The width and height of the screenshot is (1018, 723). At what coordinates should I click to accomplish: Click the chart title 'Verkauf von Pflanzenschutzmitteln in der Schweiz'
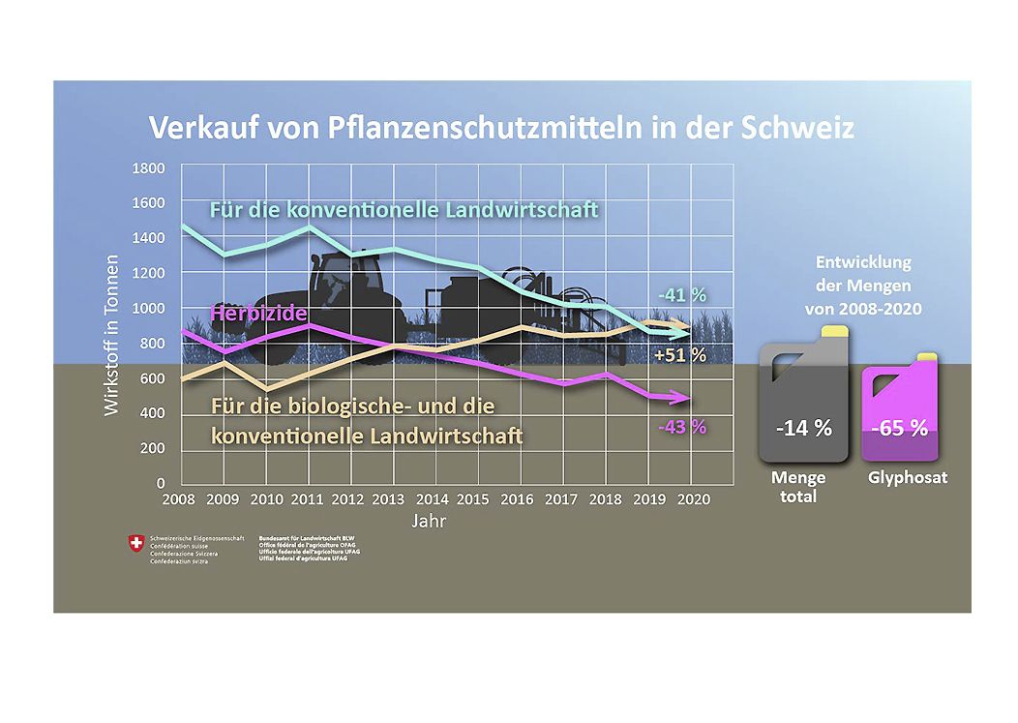pos(500,127)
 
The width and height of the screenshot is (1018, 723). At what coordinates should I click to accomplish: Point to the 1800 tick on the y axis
pos(148,167)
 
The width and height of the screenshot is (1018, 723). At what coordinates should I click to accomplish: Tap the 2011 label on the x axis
pos(306,499)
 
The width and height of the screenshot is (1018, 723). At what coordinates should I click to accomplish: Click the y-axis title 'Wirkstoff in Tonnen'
pos(112,335)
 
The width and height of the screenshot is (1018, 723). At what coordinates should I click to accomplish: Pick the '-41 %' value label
pos(681,294)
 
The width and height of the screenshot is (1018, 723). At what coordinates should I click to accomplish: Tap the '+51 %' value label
pos(680,355)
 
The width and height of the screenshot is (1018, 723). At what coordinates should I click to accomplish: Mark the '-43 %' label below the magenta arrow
pos(681,426)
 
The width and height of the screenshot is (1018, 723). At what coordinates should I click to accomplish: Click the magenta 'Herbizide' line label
pos(258,314)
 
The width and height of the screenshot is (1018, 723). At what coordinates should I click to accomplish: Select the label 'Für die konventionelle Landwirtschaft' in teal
pos(404,210)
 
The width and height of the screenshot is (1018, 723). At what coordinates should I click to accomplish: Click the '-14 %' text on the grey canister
pos(803,428)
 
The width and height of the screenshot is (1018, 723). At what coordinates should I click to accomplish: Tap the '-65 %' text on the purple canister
pos(900,428)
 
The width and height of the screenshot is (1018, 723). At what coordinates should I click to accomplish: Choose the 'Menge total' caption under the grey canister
pos(798,487)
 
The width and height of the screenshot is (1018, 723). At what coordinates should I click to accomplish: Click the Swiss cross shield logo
pos(134,544)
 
